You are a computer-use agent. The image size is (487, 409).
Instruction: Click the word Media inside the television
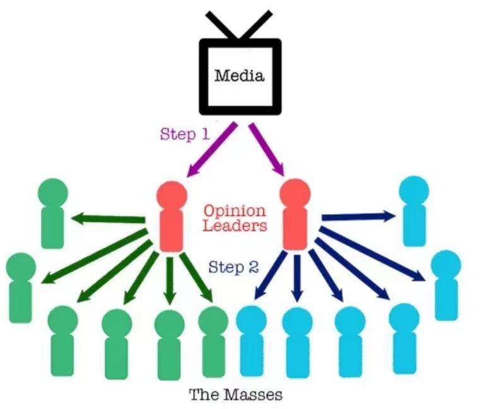click(x=239, y=77)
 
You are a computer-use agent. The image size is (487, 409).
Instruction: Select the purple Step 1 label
click(x=185, y=134)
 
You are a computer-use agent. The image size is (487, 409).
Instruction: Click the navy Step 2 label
click(x=233, y=267)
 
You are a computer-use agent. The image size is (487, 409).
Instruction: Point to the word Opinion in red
click(x=235, y=210)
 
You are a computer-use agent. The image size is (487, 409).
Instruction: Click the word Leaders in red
click(x=235, y=226)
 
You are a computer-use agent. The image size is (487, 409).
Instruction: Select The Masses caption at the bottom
click(x=235, y=395)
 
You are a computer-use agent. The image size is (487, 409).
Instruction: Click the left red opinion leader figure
click(x=170, y=214)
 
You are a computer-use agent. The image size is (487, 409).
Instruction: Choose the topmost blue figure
click(x=414, y=209)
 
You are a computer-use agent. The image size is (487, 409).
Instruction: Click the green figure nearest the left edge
click(x=21, y=287)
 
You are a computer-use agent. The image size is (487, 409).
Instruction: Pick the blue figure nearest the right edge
click(x=445, y=284)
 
